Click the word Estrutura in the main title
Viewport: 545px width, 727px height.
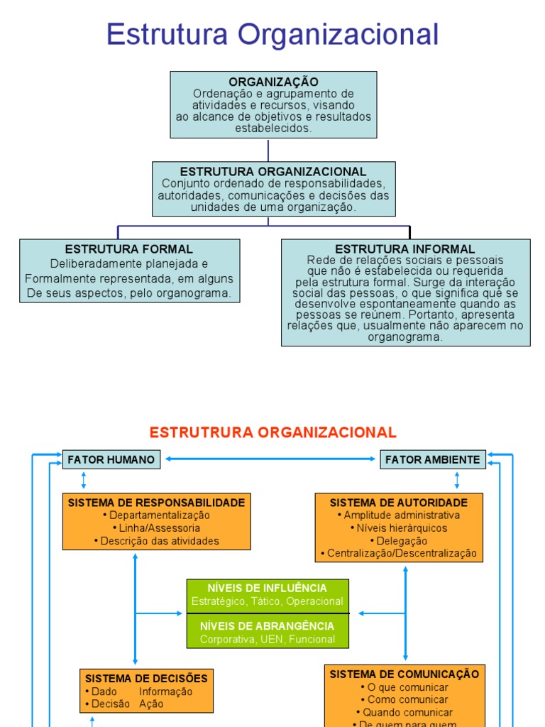tap(167, 34)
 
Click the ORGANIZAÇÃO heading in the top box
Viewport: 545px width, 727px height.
tap(273, 82)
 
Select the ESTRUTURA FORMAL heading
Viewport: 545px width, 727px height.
tap(129, 249)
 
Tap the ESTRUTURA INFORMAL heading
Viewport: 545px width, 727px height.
tap(405, 249)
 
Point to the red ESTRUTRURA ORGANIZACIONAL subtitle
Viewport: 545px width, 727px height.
tap(273, 432)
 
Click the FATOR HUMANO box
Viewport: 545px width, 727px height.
tap(111, 459)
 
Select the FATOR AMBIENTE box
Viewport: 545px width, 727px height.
tap(433, 459)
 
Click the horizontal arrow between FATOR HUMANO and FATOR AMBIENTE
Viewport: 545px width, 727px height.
tap(270, 459)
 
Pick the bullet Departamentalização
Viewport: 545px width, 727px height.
tap(157, 515)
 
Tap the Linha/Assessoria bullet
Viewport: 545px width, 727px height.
tap(157, 528)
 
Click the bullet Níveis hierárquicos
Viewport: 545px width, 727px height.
tap(399, 528)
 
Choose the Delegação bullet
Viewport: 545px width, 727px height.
tap(399, 540)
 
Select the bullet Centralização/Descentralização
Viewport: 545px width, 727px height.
tap(399, 553)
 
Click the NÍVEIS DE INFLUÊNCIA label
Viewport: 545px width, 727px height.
tap(268, 588)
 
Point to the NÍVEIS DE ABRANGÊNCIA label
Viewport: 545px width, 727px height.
tap(268, 626)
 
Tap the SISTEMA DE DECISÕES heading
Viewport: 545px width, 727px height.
tap(146, 678)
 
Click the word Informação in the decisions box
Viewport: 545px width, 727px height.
tap(165, 692)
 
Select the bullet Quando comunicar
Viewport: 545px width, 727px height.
tap(404, 712)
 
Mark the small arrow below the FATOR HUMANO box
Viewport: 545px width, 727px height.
tap(84, 481)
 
